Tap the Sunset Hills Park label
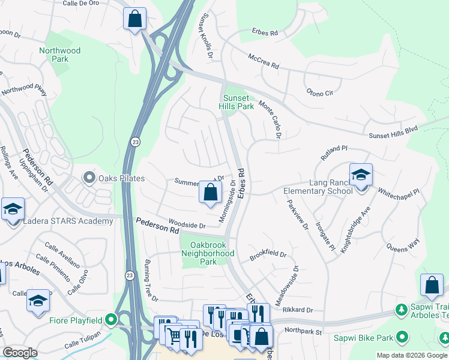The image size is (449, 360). (238, 102)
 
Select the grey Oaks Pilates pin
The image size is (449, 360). (89, 177)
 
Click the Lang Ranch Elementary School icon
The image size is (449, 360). (361, 175)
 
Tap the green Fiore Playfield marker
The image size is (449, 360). (110, 320)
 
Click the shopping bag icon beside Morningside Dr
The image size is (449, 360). (210, 193)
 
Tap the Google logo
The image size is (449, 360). (20, 353)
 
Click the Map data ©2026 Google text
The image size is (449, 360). (412, 355)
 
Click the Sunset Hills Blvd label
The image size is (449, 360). (393, 133)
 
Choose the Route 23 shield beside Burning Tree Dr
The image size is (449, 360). (130, 275)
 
